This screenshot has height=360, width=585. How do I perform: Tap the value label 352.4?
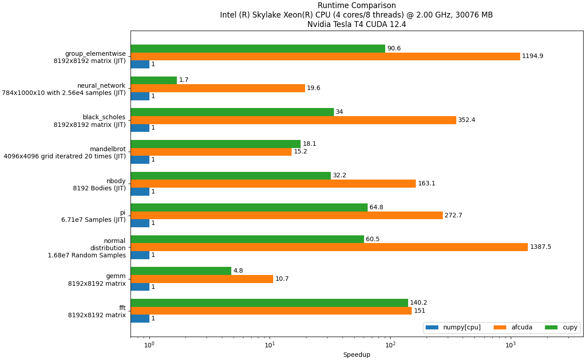click(467, 120)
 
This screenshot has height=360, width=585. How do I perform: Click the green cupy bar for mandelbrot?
click(216, 144)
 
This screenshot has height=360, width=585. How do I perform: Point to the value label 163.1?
click(427, 184)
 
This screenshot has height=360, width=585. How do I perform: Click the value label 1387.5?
click(540, 247)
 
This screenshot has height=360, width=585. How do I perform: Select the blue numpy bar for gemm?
click(140, 287)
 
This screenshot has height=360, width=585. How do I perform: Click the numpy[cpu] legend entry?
click(453, 328)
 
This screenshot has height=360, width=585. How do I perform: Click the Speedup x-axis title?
click(356, 355)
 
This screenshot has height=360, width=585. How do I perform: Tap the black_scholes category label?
click(104, 117)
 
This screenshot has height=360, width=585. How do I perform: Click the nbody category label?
click(116, 181)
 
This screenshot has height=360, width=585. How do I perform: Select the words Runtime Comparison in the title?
click(356, 5)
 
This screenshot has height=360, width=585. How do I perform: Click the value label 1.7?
click(184, 80)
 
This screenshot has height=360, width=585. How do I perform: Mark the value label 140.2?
click(418, 303)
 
